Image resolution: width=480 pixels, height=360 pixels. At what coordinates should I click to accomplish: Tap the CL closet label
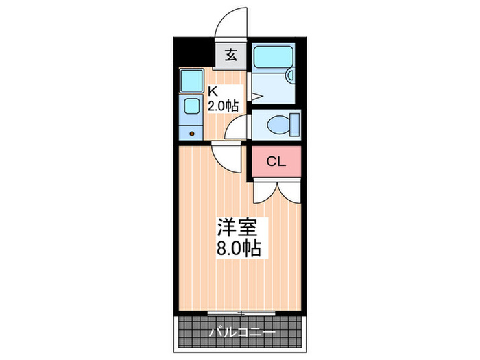pyautogui.click(x=275, y=162)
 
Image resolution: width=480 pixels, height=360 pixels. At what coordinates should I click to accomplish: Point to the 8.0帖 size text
pyautogui.click(x=238, y=248)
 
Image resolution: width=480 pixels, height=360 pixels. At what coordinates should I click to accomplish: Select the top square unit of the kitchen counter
pyautogui.click(x=191, y=82)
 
